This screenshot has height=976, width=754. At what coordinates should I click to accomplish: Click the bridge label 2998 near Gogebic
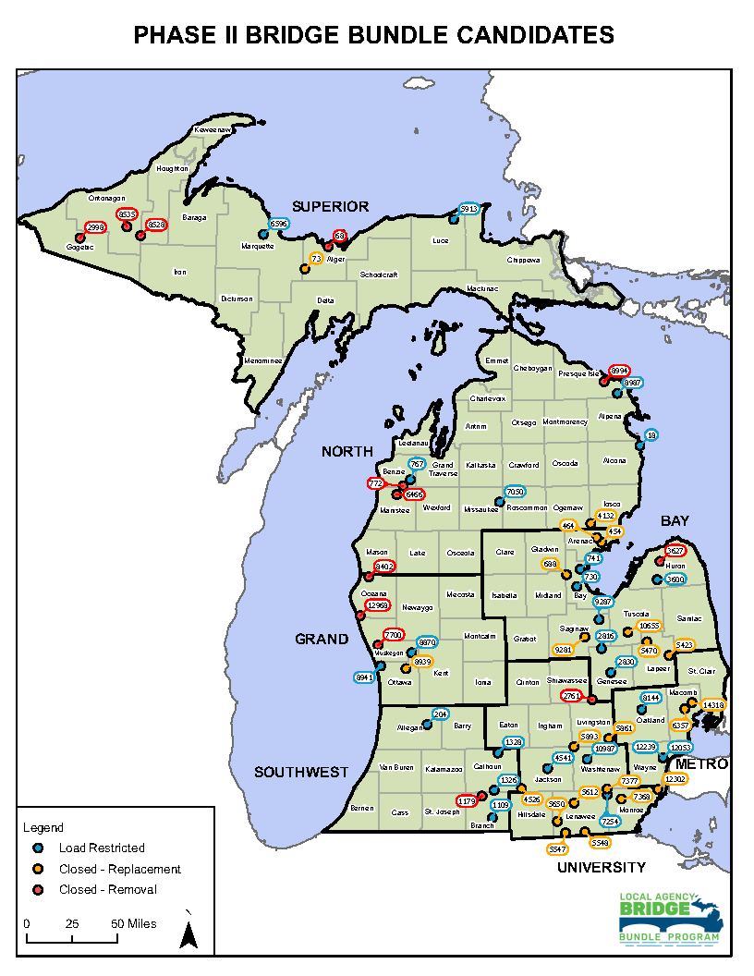(95, 227)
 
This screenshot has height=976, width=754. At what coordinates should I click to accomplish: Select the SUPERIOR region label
(330, 206)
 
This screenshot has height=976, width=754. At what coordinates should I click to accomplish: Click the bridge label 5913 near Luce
(469, 209)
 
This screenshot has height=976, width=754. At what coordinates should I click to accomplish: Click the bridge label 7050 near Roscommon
(515, 493)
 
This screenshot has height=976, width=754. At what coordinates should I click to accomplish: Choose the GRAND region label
(322, 639)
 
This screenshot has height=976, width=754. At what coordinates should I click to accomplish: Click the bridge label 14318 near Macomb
(713, 705)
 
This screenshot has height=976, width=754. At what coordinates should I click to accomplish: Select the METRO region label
(701, 764)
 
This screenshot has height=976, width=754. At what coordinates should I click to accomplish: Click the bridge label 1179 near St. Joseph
(468, 800)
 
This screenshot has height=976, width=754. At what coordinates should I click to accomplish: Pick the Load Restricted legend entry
(102, 848)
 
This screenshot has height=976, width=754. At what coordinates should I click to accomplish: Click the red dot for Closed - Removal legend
(38, 890)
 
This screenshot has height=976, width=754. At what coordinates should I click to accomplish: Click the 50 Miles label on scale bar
(133, 923)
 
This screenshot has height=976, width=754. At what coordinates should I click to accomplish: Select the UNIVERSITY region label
(601, 867)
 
